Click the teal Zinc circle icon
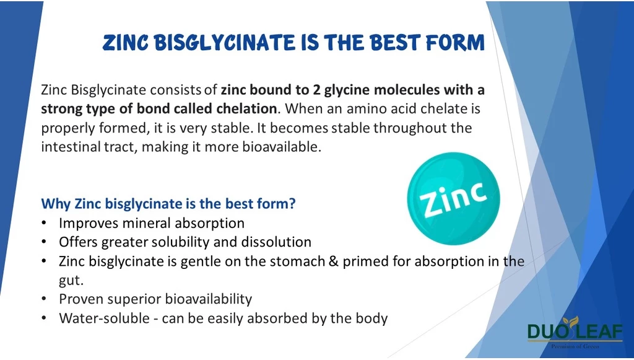coord(454,198)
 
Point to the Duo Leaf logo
coord(575,332)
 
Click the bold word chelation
coord(246,108)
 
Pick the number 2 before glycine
coord(316,90)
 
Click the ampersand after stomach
coord(334,261)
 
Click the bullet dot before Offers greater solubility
coord(44,242)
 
